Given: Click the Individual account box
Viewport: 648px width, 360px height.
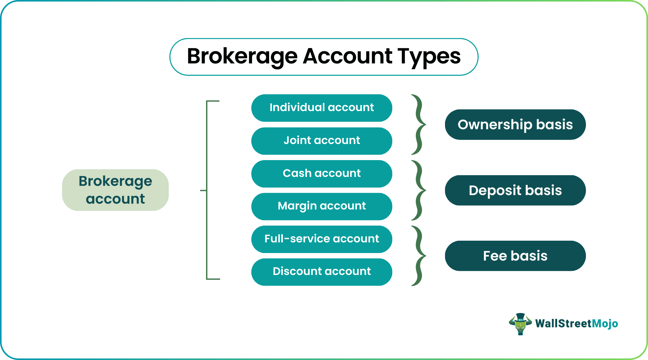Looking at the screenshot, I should tap(322, 108).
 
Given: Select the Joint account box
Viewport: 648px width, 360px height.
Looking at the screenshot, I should tap(322, 141).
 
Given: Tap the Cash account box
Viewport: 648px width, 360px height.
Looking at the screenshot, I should tap(322, 173).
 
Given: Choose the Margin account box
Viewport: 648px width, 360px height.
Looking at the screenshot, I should tap(322, 206).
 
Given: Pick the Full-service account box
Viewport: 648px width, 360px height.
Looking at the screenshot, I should tap(322, 239).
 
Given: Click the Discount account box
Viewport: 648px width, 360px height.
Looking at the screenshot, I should tap(322, 272).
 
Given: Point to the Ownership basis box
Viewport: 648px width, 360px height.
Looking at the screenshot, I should tap(515, 124).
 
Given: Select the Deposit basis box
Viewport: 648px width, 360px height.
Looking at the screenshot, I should tap(515, 190).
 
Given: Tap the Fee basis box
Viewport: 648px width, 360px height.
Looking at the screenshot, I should tap(515, 256).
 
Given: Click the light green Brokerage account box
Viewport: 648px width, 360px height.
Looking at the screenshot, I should tap(115, 190).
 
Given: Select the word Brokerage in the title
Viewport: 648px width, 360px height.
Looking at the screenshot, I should tap(242, 57).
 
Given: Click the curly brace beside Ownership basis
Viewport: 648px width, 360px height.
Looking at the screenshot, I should tap(419, 124).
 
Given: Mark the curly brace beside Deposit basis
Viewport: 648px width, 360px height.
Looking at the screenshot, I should tap(419, 190).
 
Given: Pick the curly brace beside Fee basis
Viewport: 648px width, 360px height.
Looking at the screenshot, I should tap(419, 256).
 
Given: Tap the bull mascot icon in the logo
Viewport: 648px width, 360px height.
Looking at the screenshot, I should tap(520, 324).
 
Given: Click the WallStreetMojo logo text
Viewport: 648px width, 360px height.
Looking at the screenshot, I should tap(576, 324).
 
